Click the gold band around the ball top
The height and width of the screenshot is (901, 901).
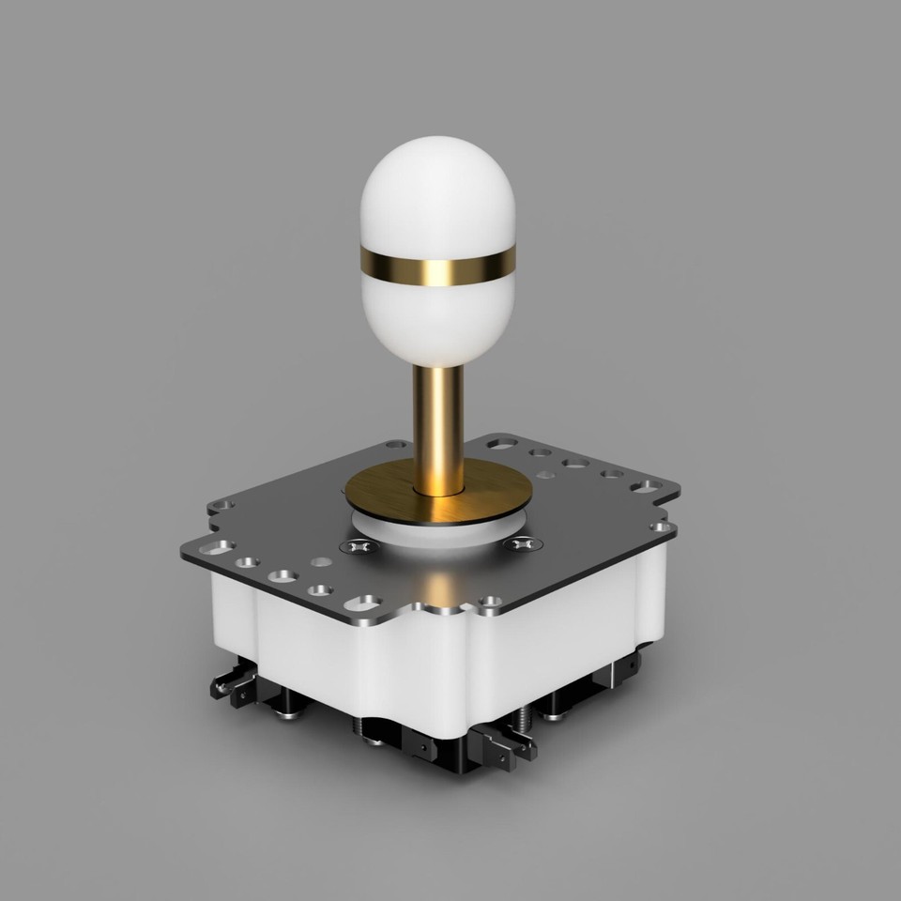pyautogui.click(x=440, y=267)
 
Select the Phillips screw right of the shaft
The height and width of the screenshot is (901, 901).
pyautogui.click(x=523, y=543)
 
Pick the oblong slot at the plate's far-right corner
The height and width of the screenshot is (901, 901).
pyautogui.click(x=647, y=486)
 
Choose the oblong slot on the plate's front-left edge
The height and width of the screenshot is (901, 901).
pyautogui.click(x=362, y=603)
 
